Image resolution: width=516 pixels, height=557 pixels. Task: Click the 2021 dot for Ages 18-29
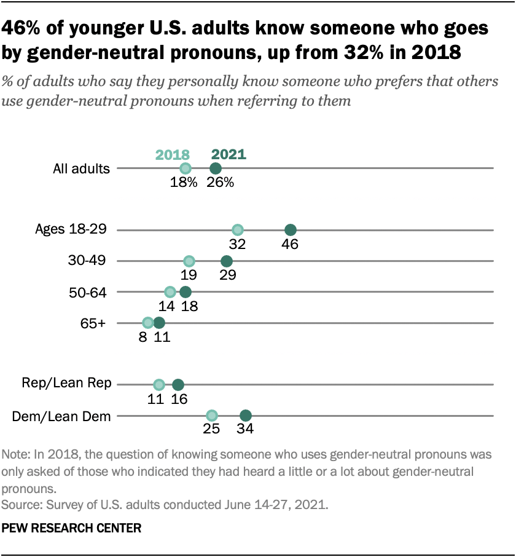click(291, 230)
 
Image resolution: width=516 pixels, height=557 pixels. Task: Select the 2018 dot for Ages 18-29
click(238, 230)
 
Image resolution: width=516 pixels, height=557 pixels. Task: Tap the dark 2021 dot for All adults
click(215, 168)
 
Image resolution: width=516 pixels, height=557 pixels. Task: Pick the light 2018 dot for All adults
click(186, 168)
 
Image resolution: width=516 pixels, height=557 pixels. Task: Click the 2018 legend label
click(173, 154)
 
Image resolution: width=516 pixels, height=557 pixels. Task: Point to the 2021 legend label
click(229, 154)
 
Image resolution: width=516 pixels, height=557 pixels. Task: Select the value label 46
click(290, 245)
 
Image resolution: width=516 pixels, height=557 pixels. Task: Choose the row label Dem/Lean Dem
click(61, 416)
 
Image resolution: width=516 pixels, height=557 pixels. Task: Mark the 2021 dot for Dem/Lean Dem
click(246, 416)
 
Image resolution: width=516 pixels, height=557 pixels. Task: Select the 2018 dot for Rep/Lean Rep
click(159, 385)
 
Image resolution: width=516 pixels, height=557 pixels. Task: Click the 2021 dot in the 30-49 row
click(226, 261)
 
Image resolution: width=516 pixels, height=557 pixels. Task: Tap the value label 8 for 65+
click(142, 337)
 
